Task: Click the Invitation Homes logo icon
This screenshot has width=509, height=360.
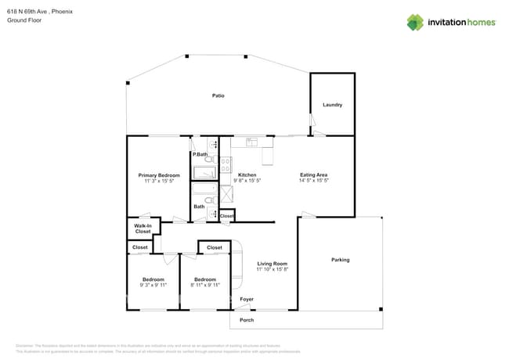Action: [x=415, y=22]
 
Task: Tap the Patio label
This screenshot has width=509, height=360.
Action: [x=218, y=95]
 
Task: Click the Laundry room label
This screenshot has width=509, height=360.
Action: [x=333, y=105]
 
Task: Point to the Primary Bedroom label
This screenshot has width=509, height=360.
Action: [x=159, y=175]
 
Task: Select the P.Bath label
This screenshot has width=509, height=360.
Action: [x=200, y=154]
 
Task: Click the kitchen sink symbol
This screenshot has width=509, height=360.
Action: [x=252, y=142]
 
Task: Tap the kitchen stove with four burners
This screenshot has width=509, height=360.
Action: [x=226, y=164]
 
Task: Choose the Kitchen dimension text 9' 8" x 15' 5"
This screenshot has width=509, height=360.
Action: [x=247, y=181]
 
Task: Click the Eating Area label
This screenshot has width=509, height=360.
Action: [x=313, y=175]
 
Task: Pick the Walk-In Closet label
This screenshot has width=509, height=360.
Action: [x=143, y=229]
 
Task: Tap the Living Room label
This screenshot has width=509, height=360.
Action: [x=273, y=264]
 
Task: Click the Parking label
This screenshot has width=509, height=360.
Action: [x=340, y=260]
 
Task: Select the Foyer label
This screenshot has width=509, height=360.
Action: [x=247, y=299]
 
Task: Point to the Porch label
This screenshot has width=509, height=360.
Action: [x=247, y=320]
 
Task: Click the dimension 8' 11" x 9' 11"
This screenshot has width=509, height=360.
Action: [x=205, y=286]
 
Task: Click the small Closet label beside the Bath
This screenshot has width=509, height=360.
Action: [x=226, y=215]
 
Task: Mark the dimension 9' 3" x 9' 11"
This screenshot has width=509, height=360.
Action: [x=153, y=286]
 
